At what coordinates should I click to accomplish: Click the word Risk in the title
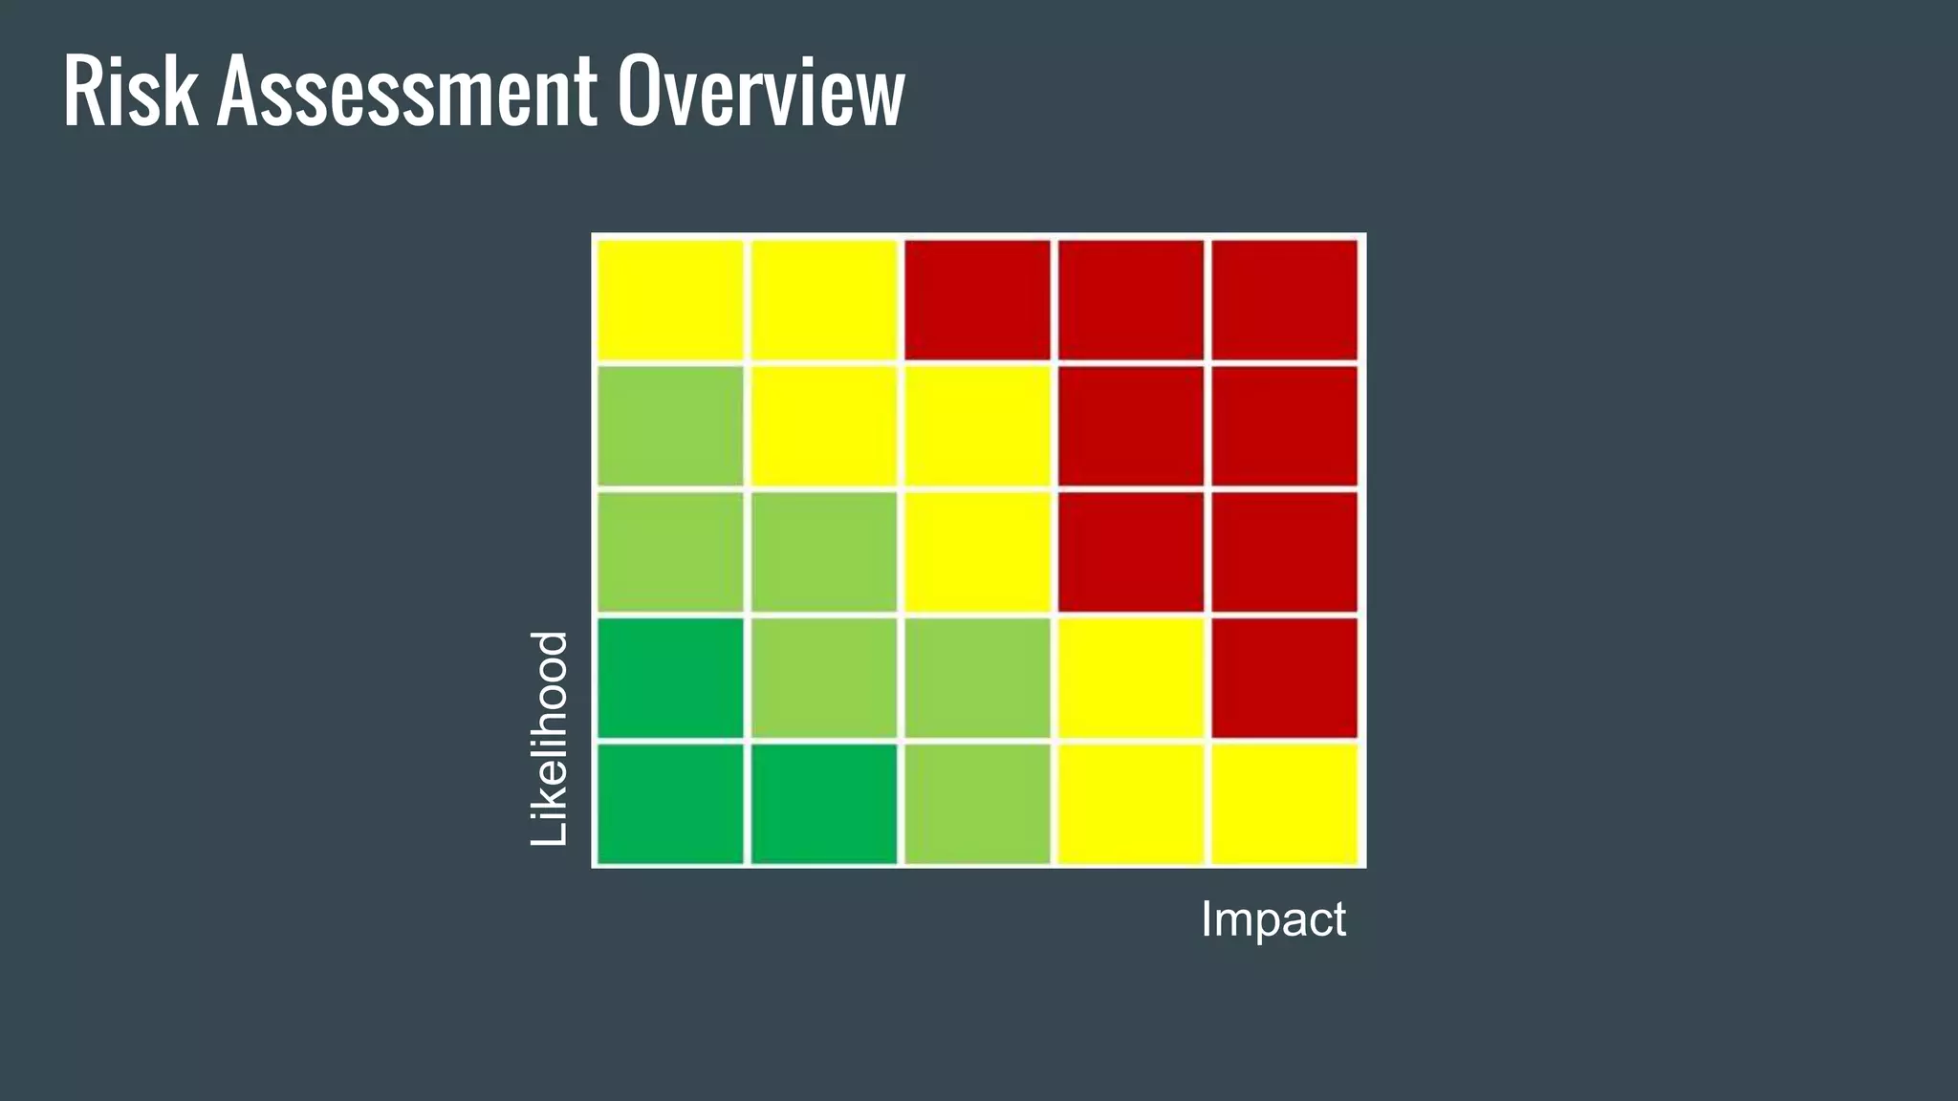130,92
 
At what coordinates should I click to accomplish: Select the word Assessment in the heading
406,92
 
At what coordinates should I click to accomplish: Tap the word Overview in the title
760,92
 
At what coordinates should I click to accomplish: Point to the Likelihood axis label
550,738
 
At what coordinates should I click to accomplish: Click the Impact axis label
1273,919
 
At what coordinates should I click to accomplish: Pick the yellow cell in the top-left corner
670,300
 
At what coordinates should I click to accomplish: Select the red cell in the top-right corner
1284,300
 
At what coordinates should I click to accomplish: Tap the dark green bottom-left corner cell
670,804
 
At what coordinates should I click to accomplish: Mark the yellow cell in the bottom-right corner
1284,804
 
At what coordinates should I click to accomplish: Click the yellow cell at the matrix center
977,551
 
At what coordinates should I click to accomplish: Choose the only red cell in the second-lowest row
1284,678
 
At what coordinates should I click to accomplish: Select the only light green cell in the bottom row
977,804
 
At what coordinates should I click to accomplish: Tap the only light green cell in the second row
670,425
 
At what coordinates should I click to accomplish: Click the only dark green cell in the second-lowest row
670,678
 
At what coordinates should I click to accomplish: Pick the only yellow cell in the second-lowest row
1131,678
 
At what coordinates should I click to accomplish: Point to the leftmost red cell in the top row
977,300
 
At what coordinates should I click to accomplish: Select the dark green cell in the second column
824,804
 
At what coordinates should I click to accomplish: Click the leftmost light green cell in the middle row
670,551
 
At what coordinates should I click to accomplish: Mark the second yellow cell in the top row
824,300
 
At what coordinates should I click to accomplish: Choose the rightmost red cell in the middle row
1284,551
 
